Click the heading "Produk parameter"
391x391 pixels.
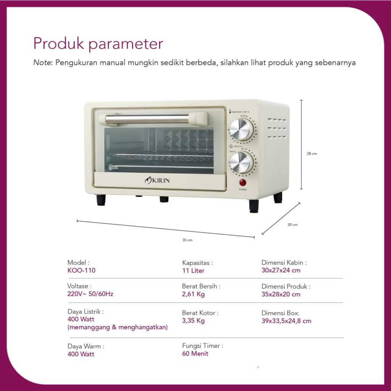coord(98,44)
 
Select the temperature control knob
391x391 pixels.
coord(241,129)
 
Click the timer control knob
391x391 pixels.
coord(241,162)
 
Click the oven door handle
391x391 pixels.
coord(153,119)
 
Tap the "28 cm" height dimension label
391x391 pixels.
coord(312,154)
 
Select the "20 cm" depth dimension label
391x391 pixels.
coord(292,225)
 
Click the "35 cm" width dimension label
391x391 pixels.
coord(187,240)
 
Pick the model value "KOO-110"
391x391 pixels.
coord(81,271)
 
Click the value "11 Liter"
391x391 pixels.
coord(193,271)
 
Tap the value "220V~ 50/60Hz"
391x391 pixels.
coord(90,294)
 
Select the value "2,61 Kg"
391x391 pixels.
coord(193,294)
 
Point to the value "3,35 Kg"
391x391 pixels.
coord(193,321)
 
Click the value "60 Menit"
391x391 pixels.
coord(195,354)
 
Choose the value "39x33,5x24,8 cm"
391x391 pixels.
coord(286,321)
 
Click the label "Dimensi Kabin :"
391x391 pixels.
coord(284,263)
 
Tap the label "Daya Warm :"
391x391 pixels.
coord(86,346)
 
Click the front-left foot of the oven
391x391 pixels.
coord(101,200)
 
